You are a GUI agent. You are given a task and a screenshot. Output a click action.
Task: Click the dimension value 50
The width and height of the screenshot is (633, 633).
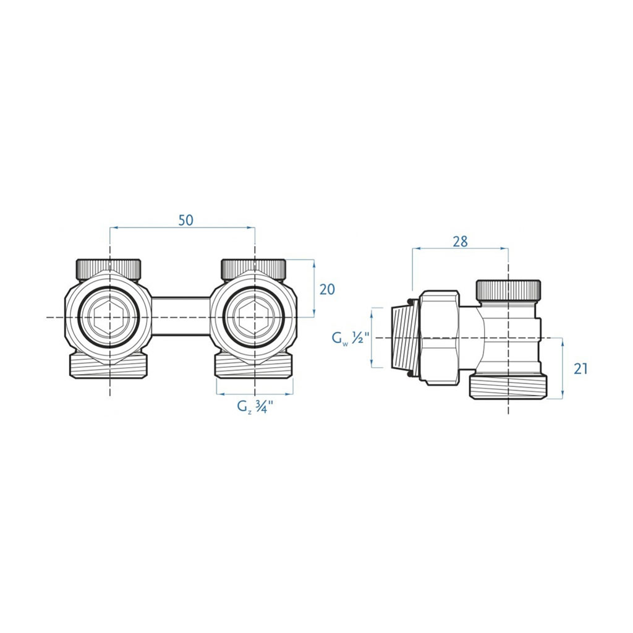pyautogui.click(x=186, y=221)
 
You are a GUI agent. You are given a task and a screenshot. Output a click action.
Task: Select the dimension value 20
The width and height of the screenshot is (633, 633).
pyautogui.click(x=327, y=289)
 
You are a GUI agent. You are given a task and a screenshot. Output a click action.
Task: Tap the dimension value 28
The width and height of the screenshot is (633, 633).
pyautogui.click(x=460, y=242)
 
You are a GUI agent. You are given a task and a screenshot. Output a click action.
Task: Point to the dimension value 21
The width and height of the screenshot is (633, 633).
pyautogui.click(x=580, y=369)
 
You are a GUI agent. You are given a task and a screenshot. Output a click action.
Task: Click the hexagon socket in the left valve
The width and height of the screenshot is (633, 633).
pyautogui.click(x=109, y=317)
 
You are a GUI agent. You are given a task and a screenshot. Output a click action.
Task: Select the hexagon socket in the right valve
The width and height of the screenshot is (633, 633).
pyautogui.click(x=255, y=317)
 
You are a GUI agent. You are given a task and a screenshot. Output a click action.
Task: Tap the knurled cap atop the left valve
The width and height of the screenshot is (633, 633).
pyautogui.click(x=109, y=269)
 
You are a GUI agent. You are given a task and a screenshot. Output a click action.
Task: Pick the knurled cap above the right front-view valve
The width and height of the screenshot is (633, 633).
pyautogui.click(x=254, y=269)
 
